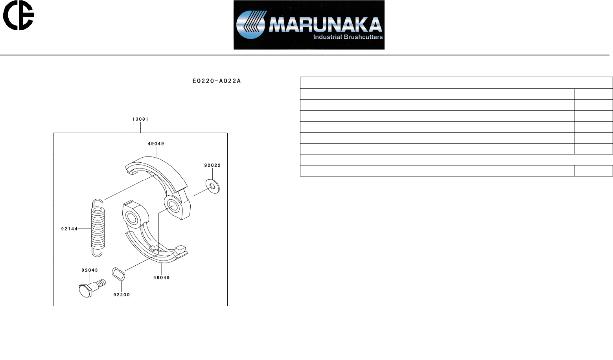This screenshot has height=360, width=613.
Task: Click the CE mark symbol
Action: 18,15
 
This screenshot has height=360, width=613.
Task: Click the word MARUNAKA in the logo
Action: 325,25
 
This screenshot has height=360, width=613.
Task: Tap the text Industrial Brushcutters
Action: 348,37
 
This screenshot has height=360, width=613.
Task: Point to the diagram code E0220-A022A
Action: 217,81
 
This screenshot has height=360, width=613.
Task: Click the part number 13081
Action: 140,119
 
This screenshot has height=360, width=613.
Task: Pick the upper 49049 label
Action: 156,143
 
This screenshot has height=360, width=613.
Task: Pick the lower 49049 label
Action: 162,277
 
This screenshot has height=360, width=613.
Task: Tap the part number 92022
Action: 212,165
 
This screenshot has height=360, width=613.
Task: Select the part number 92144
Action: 69,229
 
